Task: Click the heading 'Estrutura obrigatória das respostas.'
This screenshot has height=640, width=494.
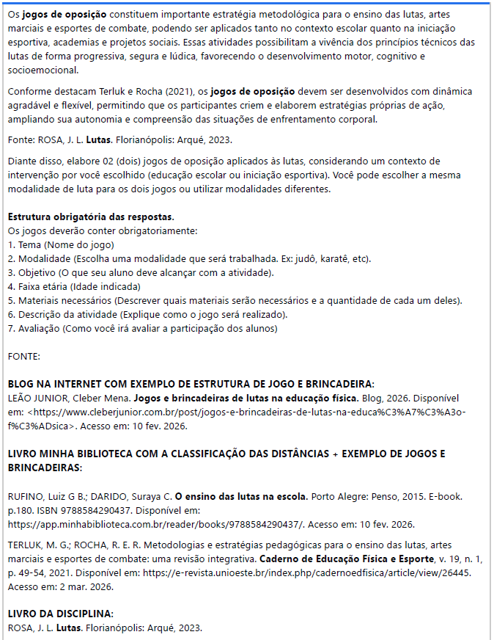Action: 91,217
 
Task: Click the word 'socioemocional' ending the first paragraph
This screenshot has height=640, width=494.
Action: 43,70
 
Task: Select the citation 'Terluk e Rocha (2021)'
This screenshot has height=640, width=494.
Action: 147,92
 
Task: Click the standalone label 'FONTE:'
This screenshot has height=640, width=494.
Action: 24,356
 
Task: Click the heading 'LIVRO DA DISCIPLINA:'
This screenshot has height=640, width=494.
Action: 61,614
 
